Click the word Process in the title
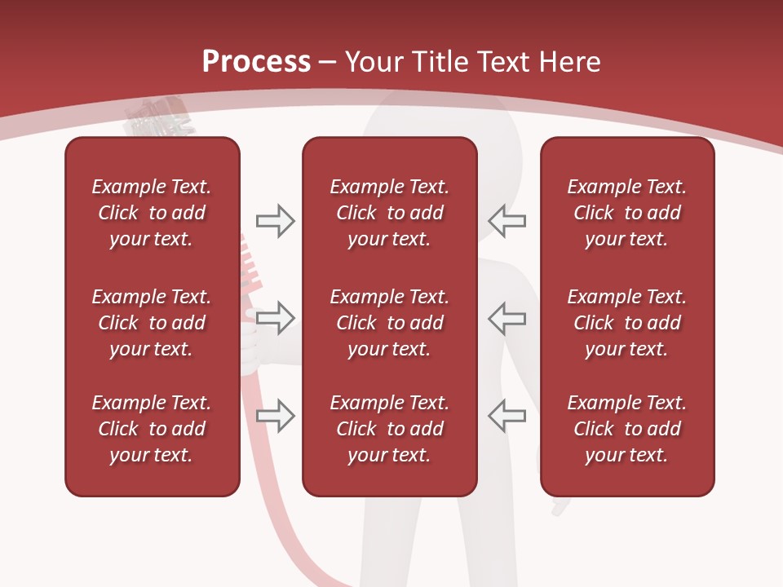(256, 62)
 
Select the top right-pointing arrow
(275, 221)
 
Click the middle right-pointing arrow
(275, 317)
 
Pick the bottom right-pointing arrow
(275, 415)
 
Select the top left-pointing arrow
(507, 221)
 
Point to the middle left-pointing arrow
(507, 317)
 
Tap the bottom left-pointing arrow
(507, 415)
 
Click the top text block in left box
(152, 213)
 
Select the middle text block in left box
(152, 323)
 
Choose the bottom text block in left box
(152, 429)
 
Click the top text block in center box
(389, 213)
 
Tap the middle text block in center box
(389, 323)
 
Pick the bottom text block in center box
(389, 429)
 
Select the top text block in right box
(626, 213)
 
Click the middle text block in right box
(626, 323)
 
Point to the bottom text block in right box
(626, 429)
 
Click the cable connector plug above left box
(159, 119)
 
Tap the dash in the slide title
(328, 63)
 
